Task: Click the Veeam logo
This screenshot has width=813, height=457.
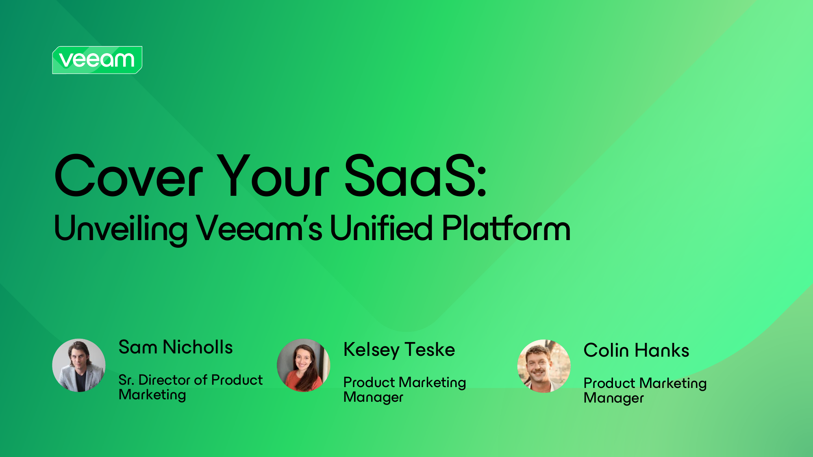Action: pyautogui.click(x=97, y=60)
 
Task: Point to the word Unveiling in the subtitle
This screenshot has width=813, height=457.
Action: pyautogui.click(x=121, y=230)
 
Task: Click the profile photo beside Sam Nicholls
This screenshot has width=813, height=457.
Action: pyautogui.click(x=79, y=365)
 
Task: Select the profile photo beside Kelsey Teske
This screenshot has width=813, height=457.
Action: pyautogui.click(x=303, y=365)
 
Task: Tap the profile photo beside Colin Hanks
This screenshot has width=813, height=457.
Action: pyautogui.click(x=544, y=366)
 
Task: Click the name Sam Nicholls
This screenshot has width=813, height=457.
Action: pyautogui.click(x=176, y=347)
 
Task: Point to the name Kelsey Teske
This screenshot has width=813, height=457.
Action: pyautogui.click(x=399, y=350)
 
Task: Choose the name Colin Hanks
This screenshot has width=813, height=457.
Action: pyautogui.click(x=636, y=350)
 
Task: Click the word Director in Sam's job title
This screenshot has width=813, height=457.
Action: pyautogui.click(x=165, y=380)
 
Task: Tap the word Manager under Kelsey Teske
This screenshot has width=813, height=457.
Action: pyautogui.click(x=373, y=397)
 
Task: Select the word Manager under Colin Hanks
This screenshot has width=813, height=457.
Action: pyautogui.click(x=613, y=398)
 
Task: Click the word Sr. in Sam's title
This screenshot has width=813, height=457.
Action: pyautogui.click(x=126, y=380)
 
